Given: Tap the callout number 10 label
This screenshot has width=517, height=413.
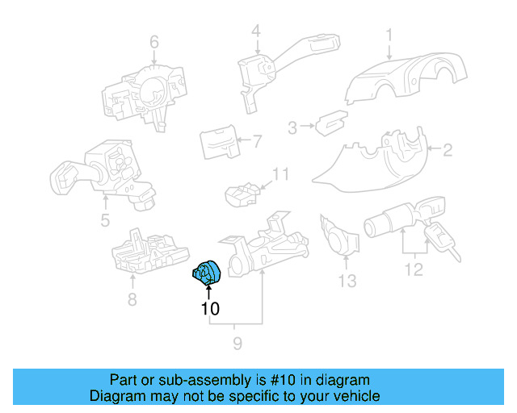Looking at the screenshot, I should [x=209, y=307].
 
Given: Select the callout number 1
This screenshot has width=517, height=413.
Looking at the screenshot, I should [x=389, y=35].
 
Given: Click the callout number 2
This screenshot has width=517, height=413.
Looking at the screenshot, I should [x=448, y=148].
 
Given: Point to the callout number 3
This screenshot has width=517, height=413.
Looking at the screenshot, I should [x=293, y=126].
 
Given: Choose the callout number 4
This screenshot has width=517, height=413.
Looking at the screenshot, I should [x=255, y=32].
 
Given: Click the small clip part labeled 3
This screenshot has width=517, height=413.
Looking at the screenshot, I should [x=329, y=123].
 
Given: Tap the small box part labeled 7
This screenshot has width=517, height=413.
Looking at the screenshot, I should [x=217, y=143].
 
